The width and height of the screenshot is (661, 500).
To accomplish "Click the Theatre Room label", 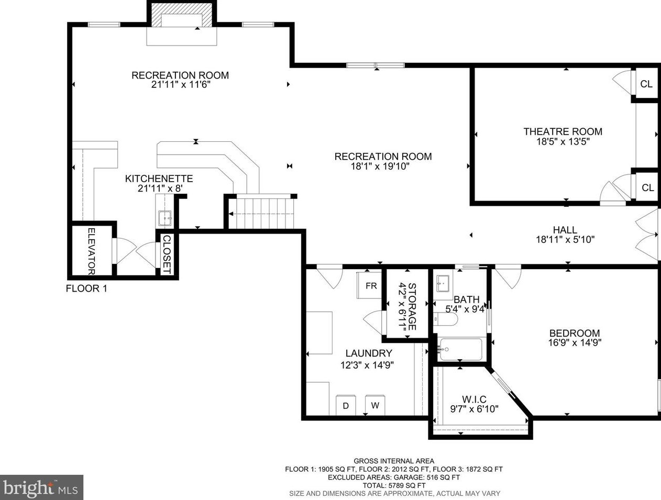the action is pos(563,131).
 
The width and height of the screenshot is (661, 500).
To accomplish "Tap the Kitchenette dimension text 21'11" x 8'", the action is pos(160,188).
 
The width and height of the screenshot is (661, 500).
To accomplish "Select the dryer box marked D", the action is pos(346,405).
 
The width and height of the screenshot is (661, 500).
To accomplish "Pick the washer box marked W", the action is pos(375,405).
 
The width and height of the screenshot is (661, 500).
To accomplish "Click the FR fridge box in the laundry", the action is pos(369,285).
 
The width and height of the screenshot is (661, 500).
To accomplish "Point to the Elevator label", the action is pos(92,251).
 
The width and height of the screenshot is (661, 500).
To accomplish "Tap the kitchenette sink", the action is pos(164,218).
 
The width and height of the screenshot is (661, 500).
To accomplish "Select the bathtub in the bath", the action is pos(461,349).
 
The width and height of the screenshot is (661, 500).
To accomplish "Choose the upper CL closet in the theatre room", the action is pos(646,84).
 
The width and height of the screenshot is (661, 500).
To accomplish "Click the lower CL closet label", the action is pos(648,188).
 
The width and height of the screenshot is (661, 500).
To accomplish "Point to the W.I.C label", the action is pos(474,399).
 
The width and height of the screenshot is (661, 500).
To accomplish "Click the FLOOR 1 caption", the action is pos(86,288).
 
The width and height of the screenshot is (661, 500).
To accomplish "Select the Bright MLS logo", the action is pos(41,487).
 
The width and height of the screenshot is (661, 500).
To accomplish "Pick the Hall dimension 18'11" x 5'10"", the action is pos(565,240).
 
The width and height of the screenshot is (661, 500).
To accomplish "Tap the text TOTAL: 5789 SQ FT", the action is pos(394,485).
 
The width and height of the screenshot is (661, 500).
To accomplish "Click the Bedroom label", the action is pos(575,333).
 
